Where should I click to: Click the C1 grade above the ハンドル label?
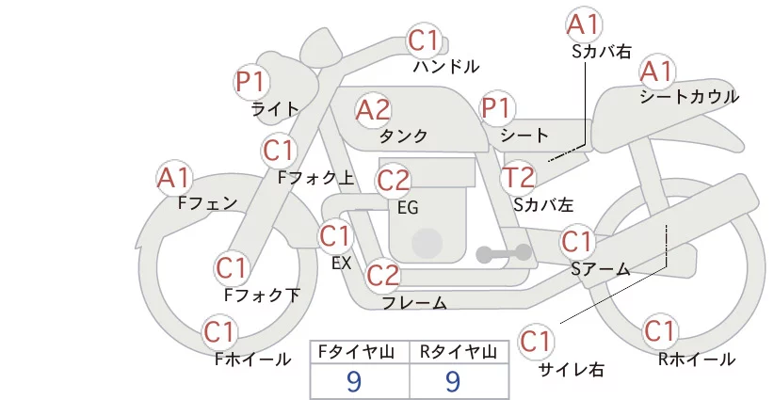tap(424, 40)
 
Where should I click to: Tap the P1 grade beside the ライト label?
tap(251, 82)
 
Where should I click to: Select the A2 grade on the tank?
tap(373, 110)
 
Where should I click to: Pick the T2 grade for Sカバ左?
tap(518, 178)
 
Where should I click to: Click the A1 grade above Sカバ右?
tap(584, 25)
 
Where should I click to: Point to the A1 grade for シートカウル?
tap(657, 72)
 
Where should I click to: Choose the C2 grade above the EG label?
tap(393, 181)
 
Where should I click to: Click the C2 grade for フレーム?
tap(383, 275)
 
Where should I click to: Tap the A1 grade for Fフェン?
tap(174, 178)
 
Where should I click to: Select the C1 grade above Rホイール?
tap(659, 331)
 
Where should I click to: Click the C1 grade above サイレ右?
tap(536, 342)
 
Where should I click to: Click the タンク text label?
tap(403, 136)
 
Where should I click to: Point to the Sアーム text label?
tap(601, 269)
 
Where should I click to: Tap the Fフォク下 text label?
tap(262, 295)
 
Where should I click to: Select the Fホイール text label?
tap(252, 360)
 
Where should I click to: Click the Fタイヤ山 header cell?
tap(360, 352)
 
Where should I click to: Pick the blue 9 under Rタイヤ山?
tap(453, 381)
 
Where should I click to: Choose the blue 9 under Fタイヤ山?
tap(354, 381)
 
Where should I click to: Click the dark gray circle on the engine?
tap(427, 243)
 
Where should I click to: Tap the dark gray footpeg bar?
tap(504, 253)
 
